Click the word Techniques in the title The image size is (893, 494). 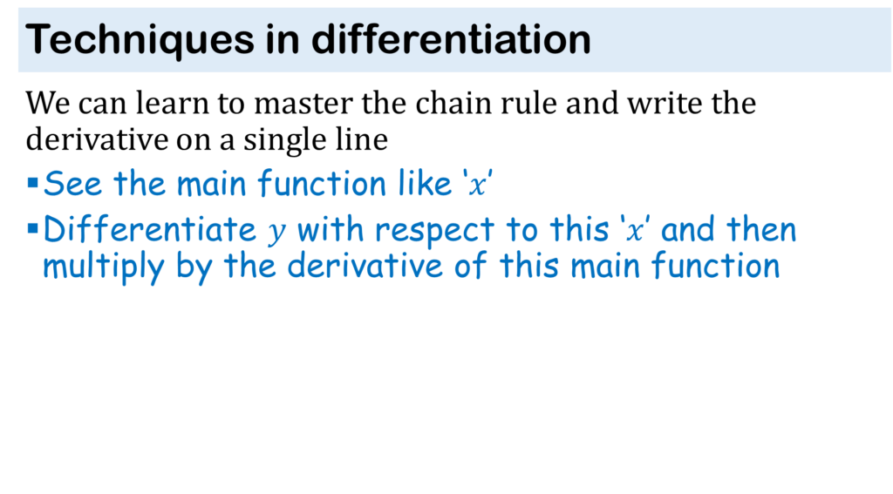click(x=140, y=40)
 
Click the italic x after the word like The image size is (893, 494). click(x=478, y=185)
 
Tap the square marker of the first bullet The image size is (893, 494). click(x=32, y=183)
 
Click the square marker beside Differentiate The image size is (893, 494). click(x=32, y=229)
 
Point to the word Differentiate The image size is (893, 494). click(x=150, y=229)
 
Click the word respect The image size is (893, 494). click(x=434, y=231)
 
